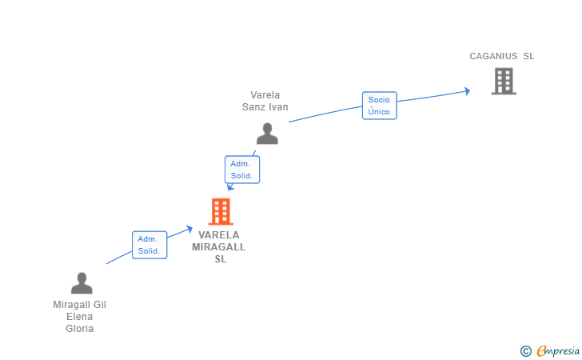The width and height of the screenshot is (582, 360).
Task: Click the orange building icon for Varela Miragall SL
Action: (221, 211)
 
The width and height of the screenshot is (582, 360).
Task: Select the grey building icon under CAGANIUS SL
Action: (504, 81)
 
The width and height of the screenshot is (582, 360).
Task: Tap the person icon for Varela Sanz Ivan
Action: (267, 134)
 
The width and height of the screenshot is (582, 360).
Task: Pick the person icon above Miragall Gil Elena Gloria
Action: (82, 283)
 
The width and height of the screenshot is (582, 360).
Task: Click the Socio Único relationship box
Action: (379, 106)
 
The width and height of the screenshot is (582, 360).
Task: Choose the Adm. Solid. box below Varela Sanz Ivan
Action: (242, 170)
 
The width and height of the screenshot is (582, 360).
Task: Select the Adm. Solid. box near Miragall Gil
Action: (149, 245)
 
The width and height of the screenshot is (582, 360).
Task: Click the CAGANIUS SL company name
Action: (502, 56)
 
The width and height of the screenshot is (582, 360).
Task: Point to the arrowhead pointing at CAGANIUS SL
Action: (468, 91)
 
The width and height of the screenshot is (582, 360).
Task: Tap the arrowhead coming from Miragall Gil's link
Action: (189, 230)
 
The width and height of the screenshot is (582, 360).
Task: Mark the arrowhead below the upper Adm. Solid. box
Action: (230, 187)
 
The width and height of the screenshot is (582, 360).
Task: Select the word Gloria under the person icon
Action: (79, 329)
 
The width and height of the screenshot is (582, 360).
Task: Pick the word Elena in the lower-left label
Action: (79, 317)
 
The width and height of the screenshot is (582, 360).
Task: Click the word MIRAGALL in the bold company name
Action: (218, 247)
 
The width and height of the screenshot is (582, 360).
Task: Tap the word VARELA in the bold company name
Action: (218, 235)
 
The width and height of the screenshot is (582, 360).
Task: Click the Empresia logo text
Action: (558, 350)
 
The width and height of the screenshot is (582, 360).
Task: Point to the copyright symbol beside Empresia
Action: (526, 351)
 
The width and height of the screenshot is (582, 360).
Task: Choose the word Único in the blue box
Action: (379, 111)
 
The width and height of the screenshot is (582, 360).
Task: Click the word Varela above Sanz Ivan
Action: (265, 95)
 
